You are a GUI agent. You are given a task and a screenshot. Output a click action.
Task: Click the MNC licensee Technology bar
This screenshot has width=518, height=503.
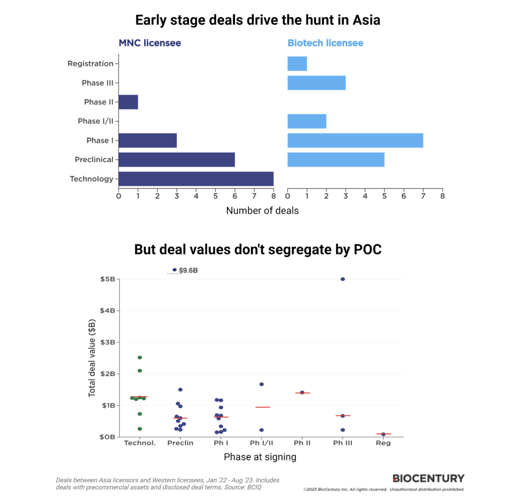click(x=196, y=179)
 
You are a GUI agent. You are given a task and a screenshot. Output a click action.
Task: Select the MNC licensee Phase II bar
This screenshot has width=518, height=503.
click(x=128, y=102)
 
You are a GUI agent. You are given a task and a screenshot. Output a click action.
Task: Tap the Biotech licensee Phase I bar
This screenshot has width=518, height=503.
click(x=355, y=140)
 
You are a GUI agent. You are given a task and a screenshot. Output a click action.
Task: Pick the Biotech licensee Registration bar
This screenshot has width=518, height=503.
click(x=297, y=64)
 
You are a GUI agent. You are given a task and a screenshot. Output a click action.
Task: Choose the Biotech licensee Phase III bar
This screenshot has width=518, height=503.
click(x=316, y=83)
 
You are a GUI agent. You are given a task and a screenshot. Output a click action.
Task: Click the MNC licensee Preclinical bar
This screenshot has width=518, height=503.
click(x=177, y=160)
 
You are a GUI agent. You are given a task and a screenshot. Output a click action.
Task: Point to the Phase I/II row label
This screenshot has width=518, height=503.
click(x=95, y=121)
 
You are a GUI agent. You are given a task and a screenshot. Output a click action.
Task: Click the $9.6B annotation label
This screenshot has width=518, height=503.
click(x=188, y=270)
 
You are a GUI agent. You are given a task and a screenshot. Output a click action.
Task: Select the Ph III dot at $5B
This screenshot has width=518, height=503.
click(x=342, y=279)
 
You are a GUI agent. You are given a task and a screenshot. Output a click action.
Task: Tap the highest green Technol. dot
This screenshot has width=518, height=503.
click(x=140, y=358)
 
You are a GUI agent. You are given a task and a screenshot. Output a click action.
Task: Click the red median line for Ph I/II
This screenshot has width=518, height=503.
click(x=262, y=407)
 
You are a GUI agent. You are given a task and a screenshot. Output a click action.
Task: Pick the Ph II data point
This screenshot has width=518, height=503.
click(x=302, y=392)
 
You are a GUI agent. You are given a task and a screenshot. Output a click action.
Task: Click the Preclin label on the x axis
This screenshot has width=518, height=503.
click(x=180, y=443)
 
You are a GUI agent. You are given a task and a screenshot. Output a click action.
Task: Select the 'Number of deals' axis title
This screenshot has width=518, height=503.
click(x=262, y=211)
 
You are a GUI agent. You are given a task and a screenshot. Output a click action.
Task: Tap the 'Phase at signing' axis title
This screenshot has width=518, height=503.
click(x=260, y=457)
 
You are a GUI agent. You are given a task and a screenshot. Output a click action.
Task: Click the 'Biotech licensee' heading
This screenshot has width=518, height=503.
click(x=325, y=43)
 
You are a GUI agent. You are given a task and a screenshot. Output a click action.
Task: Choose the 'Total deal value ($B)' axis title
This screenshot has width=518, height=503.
click(x=92, y=358)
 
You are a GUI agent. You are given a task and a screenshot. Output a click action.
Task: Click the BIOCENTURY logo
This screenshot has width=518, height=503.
click(x=428, y=478)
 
